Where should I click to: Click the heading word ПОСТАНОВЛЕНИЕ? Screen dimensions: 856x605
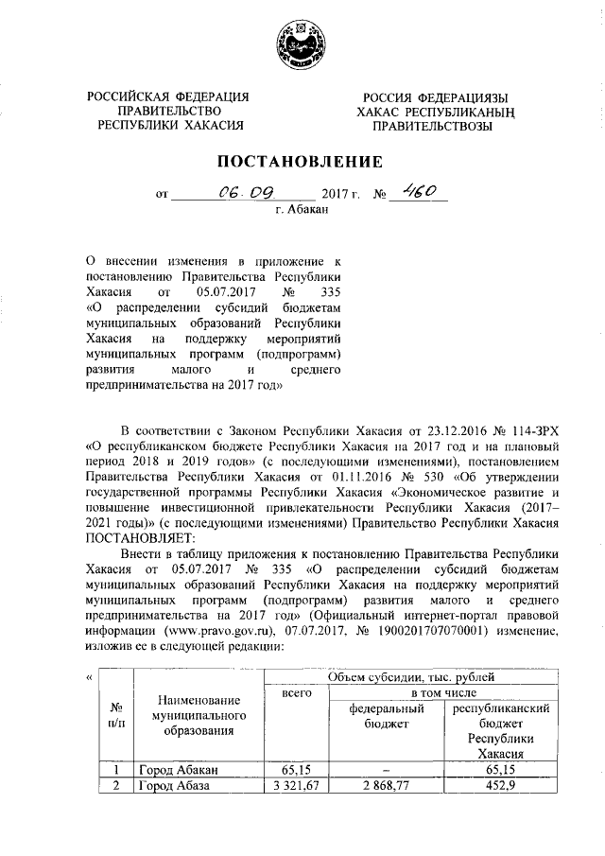coord(302,161)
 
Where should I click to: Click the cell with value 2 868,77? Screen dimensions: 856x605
coord(385,786)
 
